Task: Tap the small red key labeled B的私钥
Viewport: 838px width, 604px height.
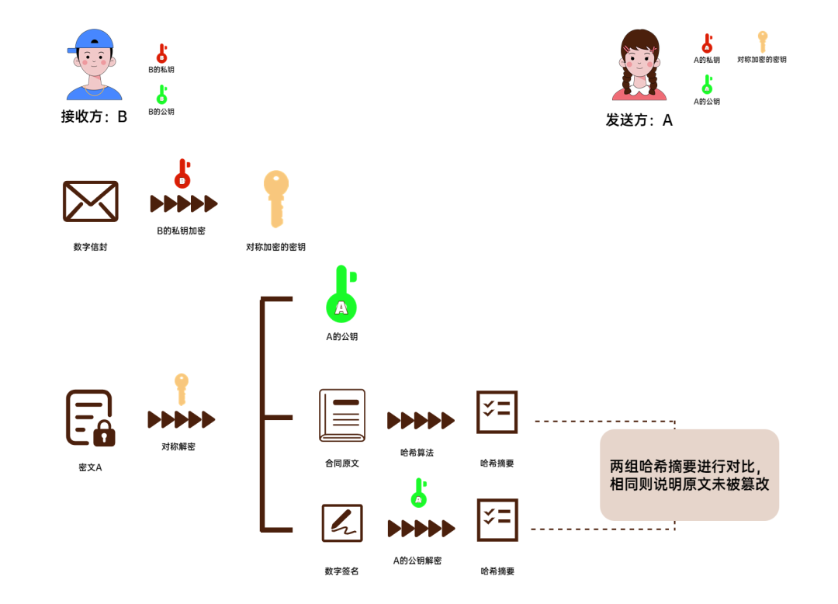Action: [x=162, y=54]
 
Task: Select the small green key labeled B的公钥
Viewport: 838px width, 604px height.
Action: [x=162, y=95]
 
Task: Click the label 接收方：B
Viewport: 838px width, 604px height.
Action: [x=94, y=117]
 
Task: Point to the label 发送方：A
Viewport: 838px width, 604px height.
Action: [x=639, y=120]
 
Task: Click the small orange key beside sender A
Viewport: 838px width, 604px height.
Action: [x=762, y=41]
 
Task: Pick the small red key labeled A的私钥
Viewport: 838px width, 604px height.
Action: [x=707, y=43]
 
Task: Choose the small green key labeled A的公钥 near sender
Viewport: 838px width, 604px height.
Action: [x=707, y=85]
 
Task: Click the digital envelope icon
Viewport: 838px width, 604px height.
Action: [x=91, y=201]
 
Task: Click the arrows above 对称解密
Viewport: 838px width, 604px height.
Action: [x=182, y=419]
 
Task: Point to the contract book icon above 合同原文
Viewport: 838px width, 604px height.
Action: [x=342, y=415]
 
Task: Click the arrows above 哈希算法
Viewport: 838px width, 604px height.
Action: [x=421, y=421]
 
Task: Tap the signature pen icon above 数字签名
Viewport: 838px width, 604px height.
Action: [x=342, y=523]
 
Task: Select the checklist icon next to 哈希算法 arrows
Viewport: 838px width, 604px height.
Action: [x=497, y=412]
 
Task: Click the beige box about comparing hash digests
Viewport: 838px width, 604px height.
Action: [x=689, y=474]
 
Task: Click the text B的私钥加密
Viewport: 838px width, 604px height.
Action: [x=181, y=231]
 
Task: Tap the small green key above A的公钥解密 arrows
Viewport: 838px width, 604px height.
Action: [x=419, y=493]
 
